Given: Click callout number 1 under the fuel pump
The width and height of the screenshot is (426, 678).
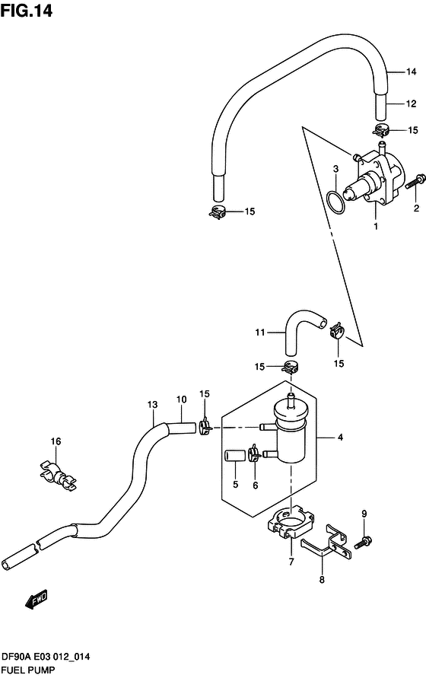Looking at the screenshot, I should tap(375, 226).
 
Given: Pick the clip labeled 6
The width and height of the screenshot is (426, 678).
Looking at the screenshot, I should tap(255, 457).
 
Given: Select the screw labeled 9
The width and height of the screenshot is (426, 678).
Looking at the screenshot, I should tap(364, 541).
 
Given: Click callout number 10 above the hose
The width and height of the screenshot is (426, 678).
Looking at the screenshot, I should tap(181, 399).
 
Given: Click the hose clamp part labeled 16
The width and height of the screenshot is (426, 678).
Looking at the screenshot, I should tap(56, 472).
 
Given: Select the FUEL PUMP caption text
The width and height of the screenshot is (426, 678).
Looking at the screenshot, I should tap(27, 670).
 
